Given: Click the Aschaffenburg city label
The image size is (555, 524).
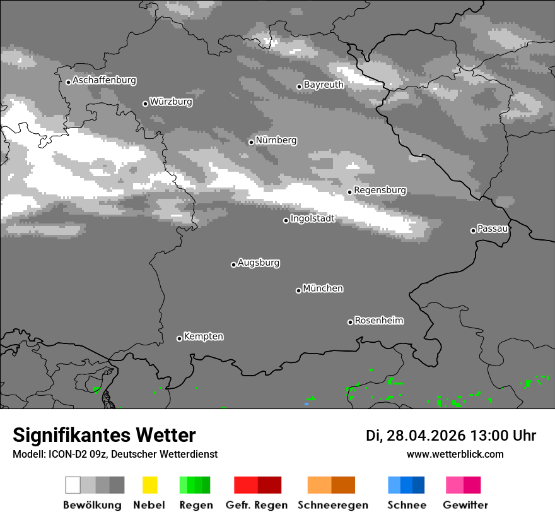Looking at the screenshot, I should point(104,81).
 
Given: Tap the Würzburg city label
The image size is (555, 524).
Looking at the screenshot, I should point(171,102).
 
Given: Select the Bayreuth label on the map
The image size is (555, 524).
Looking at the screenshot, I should point(324,85).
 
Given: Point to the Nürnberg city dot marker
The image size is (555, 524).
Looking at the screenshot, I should point(251,142).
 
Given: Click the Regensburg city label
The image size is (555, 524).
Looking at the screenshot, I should point(380,190).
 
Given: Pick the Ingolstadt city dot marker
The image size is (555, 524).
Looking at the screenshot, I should point(286,220).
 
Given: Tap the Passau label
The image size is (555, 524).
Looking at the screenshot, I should point(493,229).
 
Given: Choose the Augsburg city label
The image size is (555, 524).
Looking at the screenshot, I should point(259,263).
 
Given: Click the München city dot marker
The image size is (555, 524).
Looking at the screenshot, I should point(298,290).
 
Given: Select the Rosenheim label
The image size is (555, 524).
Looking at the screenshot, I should point(378,320).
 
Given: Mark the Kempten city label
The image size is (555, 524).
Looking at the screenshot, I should point(203,336).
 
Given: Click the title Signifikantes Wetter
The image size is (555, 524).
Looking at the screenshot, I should point(104,436).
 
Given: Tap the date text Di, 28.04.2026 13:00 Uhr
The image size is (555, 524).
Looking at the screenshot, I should point(451,436).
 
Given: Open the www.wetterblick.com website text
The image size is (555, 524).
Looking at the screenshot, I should point(455,455).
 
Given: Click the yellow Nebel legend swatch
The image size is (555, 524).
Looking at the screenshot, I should point(149,485).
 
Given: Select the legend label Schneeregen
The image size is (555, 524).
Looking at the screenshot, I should point(331,505).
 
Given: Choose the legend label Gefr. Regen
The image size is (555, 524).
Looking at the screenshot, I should point(257,505).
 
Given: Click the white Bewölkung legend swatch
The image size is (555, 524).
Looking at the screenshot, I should point(73,485).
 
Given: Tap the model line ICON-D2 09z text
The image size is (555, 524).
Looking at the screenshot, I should point(115,455).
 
